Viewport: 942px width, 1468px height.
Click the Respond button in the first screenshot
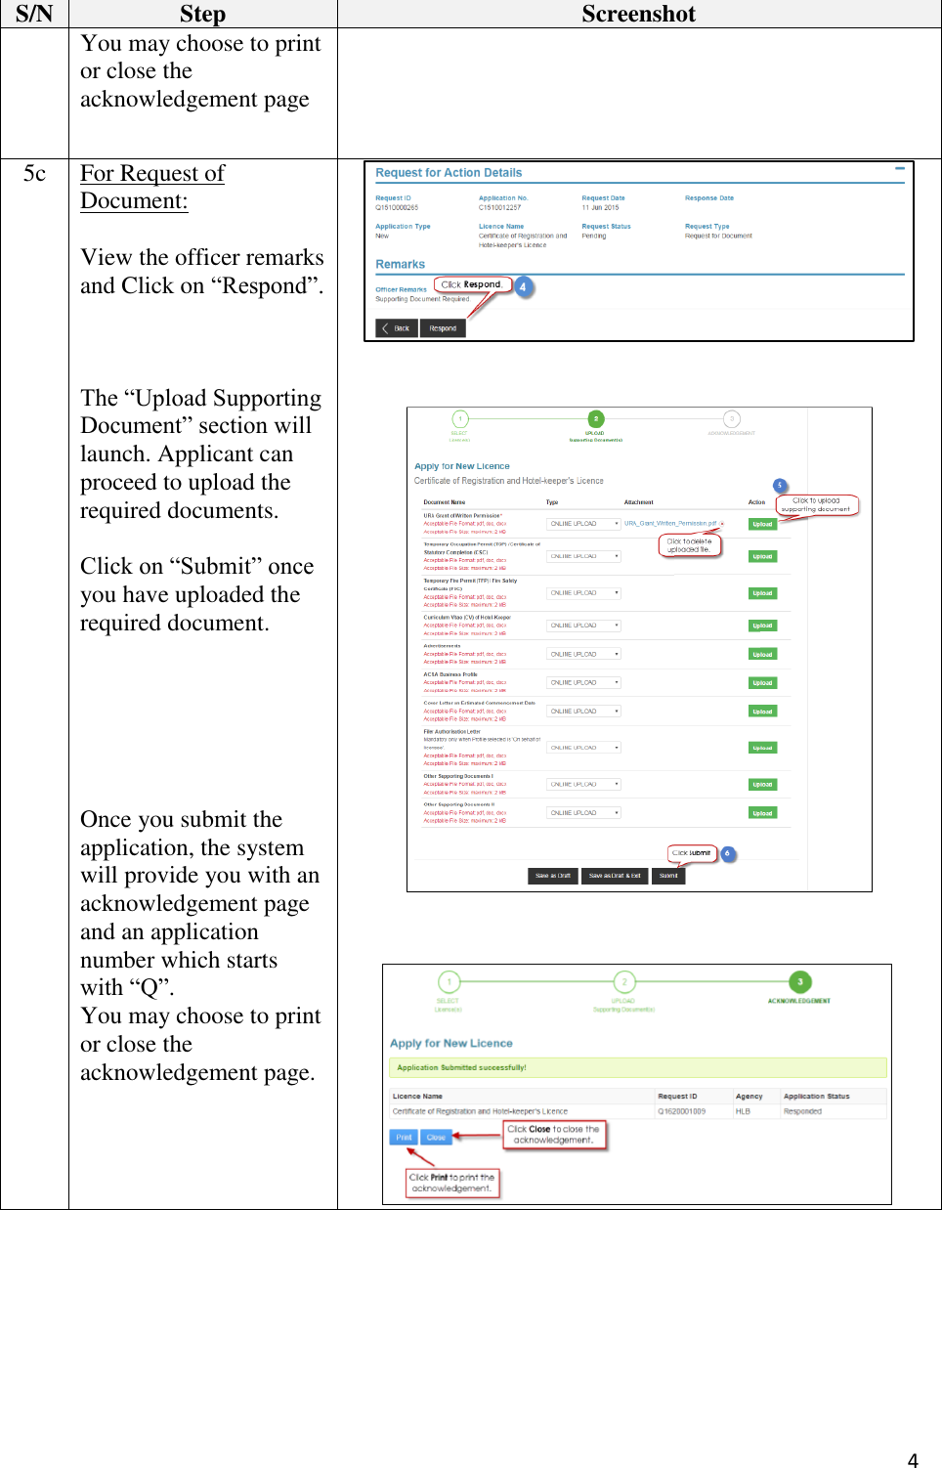coord(443,328)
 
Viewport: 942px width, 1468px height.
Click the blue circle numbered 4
coord(523,287)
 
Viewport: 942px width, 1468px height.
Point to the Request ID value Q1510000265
coord(397,207)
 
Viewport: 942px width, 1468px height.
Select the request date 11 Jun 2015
coord(600,207)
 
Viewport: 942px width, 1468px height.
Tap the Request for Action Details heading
coord(449,173)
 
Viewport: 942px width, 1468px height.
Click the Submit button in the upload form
coord(668,876)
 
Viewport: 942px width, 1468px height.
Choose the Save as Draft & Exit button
coord(615,876)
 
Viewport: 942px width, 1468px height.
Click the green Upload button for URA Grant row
coord(762,524)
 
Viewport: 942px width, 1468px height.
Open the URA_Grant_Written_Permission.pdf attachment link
coord(670,524)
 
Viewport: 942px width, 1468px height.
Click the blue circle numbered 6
coord(727,853)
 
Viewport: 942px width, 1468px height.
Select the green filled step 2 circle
coord(596,418)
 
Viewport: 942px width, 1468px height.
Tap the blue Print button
coord(404,1137)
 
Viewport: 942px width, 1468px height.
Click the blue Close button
coord(436,1137)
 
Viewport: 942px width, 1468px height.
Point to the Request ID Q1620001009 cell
coord(681,1111)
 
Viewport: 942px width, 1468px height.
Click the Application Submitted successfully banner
coord(637,1067)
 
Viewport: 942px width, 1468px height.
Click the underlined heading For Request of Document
coord(152,187)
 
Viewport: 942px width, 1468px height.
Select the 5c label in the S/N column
coord(34,173)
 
